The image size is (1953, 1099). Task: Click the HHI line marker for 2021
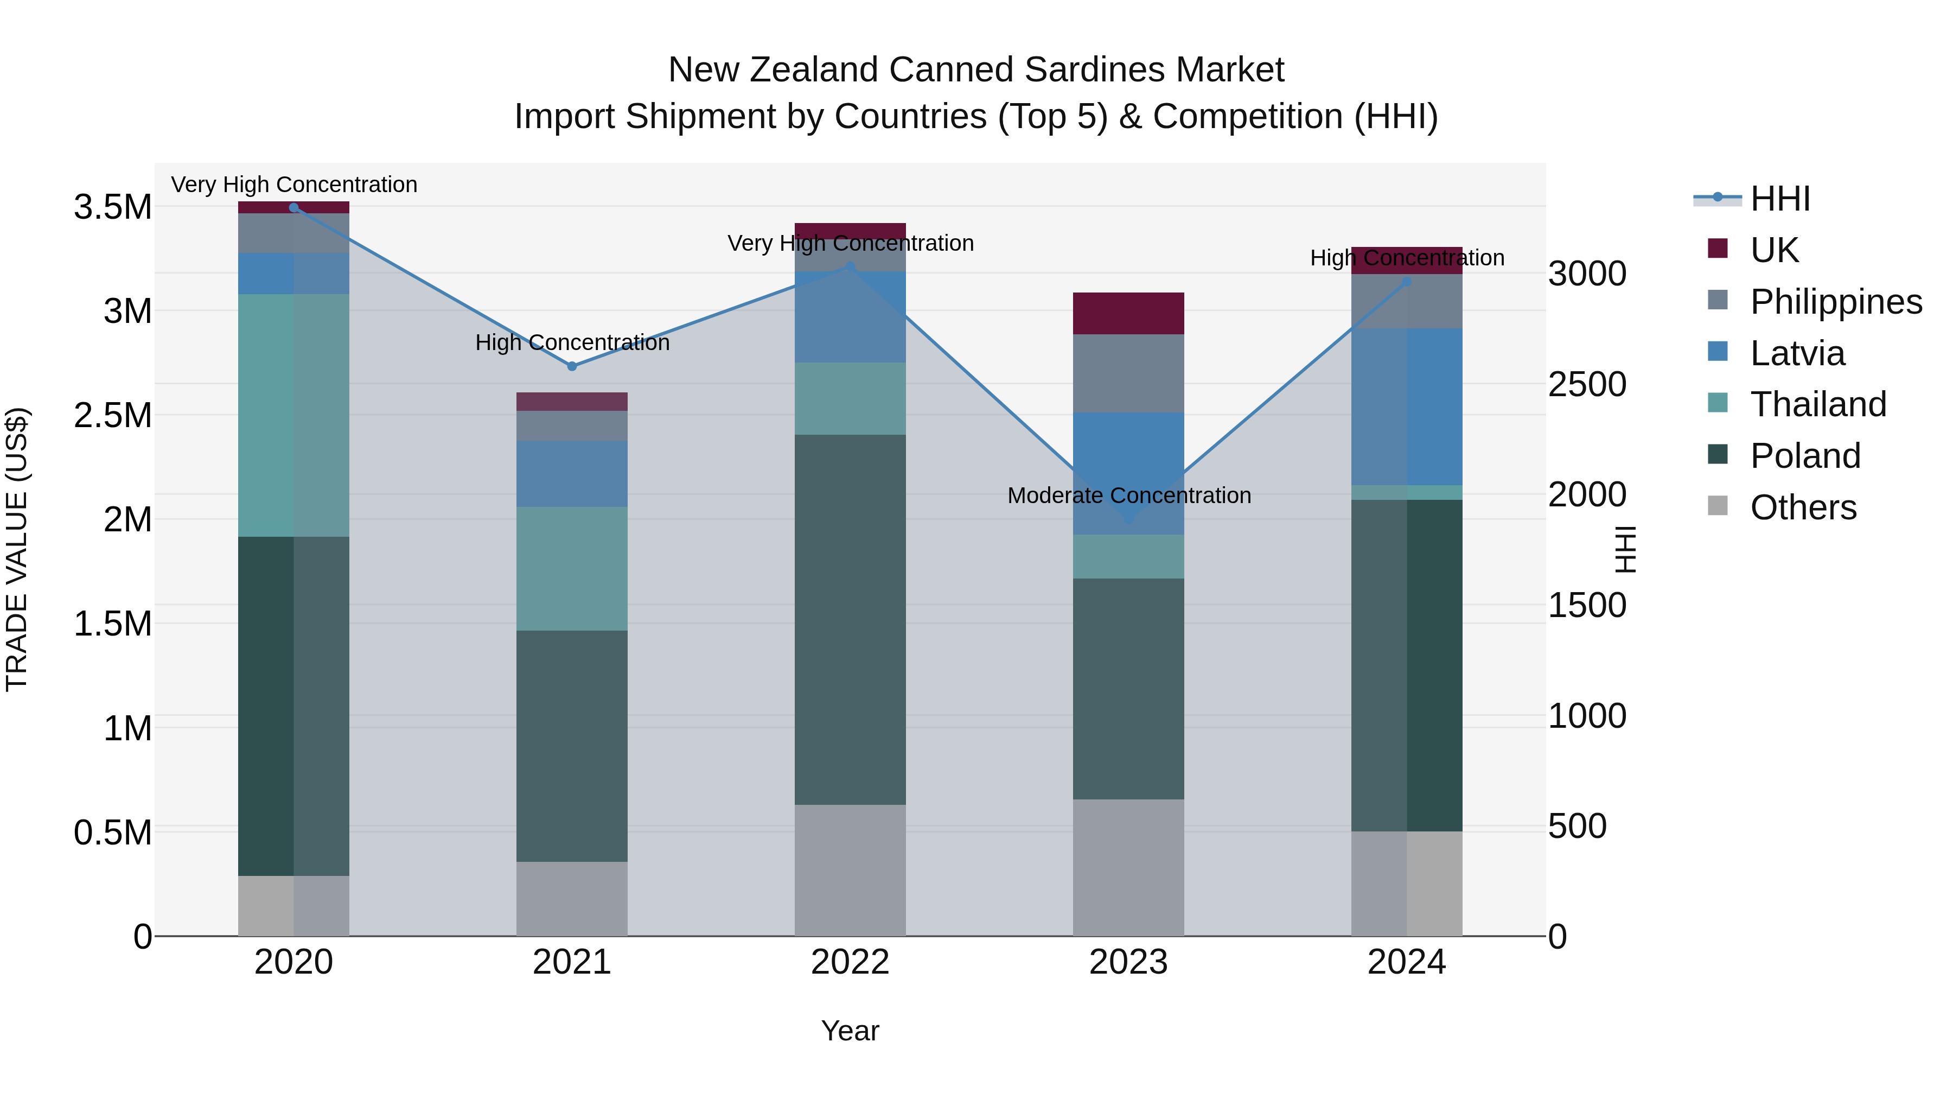pos(572,366)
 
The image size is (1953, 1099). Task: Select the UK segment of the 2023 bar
pos(1128,313)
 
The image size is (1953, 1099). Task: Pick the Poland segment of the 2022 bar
pos(850,620)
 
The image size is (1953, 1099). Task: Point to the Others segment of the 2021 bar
pos(572,898)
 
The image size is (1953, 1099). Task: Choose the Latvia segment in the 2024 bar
pos(1406,406)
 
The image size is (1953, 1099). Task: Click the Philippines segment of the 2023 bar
pos(1128,373)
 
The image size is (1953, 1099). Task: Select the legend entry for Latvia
pos(1797,353)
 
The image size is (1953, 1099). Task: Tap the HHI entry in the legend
pos(1779,199)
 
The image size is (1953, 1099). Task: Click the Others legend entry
pos(1803,507)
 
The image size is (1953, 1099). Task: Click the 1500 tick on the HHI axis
pos(1587,605)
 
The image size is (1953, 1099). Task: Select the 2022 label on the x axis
pos(850,962)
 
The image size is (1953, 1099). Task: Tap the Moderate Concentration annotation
pos(1129,495)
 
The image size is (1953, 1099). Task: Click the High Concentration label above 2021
pos(572,343)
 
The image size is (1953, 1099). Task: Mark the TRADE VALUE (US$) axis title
pos(17,549)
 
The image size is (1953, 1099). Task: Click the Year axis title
pos(850,1031)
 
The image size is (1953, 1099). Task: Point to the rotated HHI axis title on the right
pos(1625,549)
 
